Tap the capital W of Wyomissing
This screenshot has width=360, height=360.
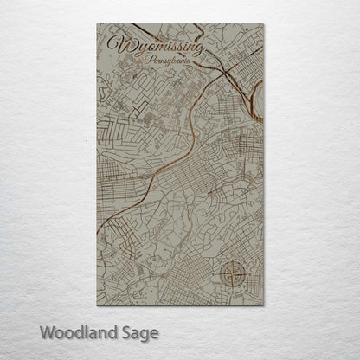(116, 45)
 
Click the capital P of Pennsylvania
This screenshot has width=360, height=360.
(151, 61)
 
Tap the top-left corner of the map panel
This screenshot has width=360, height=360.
(97, 24)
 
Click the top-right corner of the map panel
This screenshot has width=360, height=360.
(264, 24)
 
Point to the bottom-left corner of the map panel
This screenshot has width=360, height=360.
(97, 305)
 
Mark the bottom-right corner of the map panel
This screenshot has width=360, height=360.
(264, 305)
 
